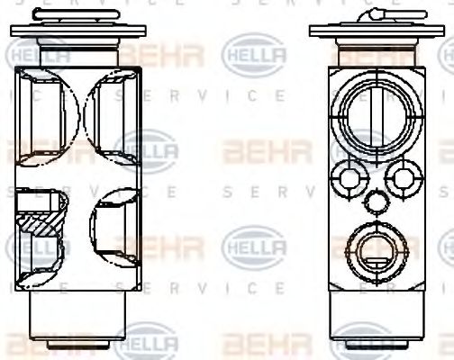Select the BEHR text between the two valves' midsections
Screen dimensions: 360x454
click(254, 148)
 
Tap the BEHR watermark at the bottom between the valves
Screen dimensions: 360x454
click(254, 344)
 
